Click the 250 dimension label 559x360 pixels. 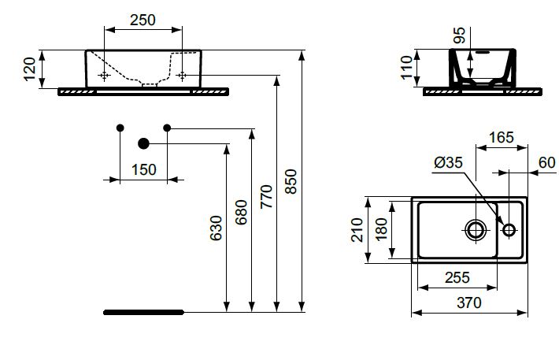tap(143, 20)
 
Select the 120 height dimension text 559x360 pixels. tap(30, 69)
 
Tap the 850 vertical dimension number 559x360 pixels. tap(291, 182)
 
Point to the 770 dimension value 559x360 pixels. tap(266, 197)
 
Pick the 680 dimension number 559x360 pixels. tap(242, 212)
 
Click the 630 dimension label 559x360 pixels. tap(216, 228)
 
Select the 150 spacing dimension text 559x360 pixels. tap(143, 170)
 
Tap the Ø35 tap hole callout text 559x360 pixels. tap(449, 163)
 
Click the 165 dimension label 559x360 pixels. tap(502, 137)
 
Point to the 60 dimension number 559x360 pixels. tap(547, 163)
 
